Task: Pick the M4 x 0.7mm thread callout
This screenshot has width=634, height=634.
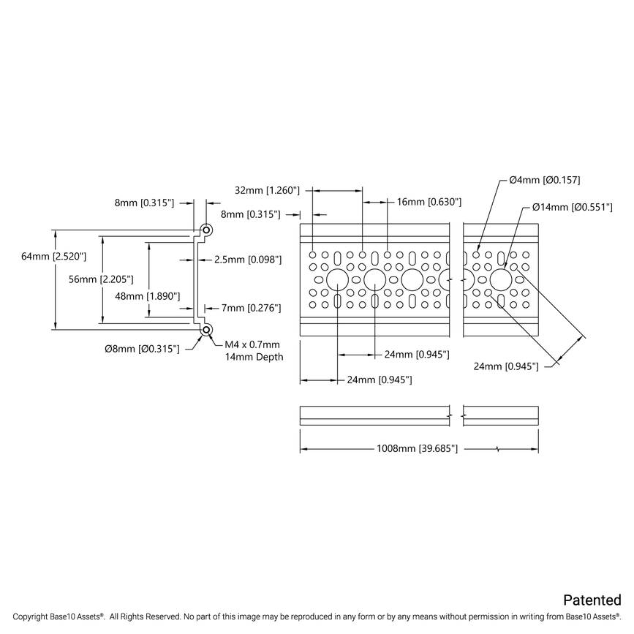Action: coord(252,344)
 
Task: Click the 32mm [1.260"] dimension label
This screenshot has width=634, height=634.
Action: coord(268,190)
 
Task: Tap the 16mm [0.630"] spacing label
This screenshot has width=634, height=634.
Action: coord(429,202)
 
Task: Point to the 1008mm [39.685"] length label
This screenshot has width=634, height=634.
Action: coord(417,448)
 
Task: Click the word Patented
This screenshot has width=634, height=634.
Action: coord(592,600)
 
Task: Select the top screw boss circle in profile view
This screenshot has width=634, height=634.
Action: coord(207,230)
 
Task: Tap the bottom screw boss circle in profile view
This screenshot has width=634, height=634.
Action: coord(207,330)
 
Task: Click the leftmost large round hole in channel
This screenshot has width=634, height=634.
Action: coord(337,279)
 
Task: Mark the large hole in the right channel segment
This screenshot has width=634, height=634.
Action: coord(502,279)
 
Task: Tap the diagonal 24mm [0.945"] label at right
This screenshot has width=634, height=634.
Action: coord(506,366)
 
